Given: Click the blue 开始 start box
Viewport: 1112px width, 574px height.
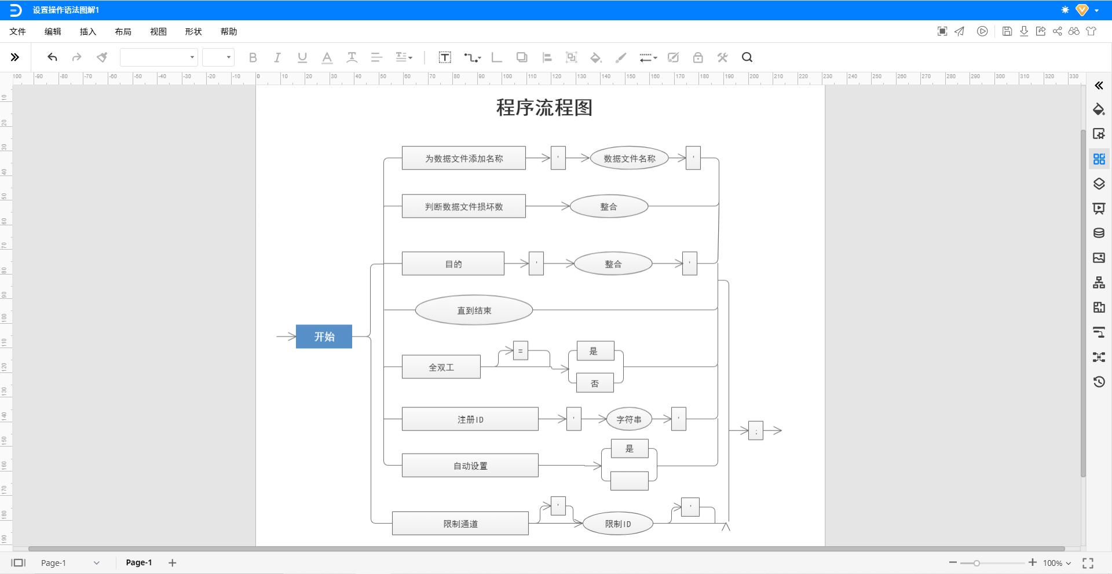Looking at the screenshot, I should (x=324, y=337).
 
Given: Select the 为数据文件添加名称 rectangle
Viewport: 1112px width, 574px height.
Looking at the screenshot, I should (x=463, y=158).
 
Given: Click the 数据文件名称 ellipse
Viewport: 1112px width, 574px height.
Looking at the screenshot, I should (x=629, y=158).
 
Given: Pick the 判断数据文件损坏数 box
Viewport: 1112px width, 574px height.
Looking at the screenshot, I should (x=463, y=206).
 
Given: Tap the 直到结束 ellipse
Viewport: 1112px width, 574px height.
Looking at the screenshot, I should (x=474, y=310).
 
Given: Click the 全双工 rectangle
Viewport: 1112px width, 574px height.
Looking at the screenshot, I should (x=441, y=367).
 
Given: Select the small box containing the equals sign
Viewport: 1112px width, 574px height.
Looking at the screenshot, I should (x=520, y=350).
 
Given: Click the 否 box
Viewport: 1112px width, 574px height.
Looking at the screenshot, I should (x=594, y=383).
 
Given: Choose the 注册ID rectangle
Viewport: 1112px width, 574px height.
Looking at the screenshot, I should (x=470, y=419).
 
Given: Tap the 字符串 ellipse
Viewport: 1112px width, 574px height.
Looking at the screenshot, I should (x=628, y=419).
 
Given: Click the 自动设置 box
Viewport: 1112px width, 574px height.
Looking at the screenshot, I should (x=470, y=466).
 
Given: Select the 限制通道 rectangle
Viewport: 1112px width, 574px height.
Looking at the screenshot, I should (x=460, y=524).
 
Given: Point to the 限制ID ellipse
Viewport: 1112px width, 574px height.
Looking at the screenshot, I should (x=617, y=524).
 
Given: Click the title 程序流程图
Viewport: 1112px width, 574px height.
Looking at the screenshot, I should (x=544, y=108).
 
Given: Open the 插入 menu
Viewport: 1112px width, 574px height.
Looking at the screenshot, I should (x=87, y=32).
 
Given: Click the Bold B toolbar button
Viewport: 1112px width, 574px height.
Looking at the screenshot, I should (x=253, y=57).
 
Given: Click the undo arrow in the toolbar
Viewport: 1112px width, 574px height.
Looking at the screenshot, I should (x=52, y=57).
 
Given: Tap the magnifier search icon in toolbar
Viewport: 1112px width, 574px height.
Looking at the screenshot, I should (x=747, y=57).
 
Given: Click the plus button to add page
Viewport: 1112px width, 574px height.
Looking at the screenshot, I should (x=172, y=562).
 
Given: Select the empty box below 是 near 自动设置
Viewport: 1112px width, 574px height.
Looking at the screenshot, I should (x=629, y=481).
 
